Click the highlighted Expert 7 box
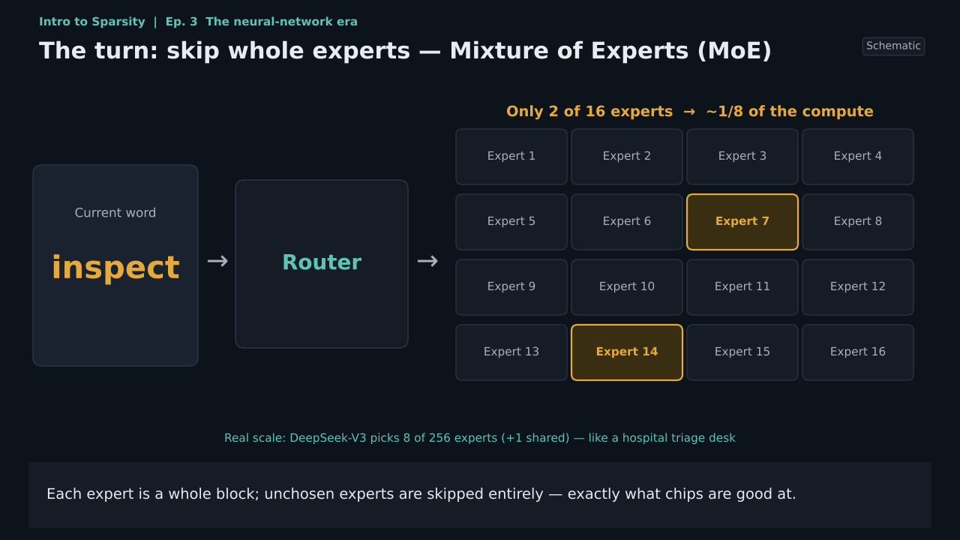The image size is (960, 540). point(742,221)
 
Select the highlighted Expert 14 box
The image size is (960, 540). point(627,352)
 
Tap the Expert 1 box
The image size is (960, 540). point(511,157)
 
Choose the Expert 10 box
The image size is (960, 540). point(627,287)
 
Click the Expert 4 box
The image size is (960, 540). point(858,157)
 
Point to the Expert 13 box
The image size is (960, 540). point(511,352)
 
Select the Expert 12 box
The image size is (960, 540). point(858,287)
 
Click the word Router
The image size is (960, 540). point(322,262)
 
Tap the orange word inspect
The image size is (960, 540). point(115,268)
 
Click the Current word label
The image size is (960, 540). point(115,212)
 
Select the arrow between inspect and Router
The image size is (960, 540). point(217,261)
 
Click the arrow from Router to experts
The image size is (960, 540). point(427,261)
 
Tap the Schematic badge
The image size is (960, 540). point(893,46)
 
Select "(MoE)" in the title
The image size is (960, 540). point(734,51)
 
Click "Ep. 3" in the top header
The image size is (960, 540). point(181,22)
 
